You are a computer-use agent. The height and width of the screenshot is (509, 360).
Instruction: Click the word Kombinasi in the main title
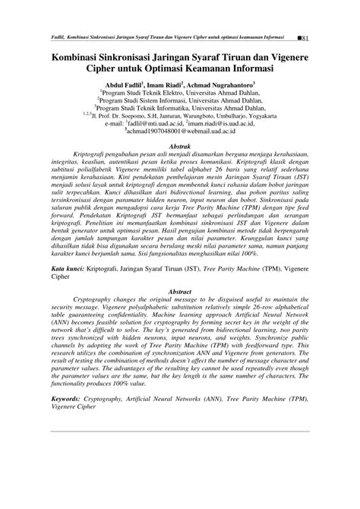[x=84, y=56]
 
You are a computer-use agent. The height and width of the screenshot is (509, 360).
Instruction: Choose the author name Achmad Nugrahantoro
[x=241, y=85]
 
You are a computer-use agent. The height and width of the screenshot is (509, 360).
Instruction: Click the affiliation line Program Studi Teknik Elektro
[x=180, y=94]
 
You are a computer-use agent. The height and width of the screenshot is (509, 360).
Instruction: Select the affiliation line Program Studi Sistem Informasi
[x=180, y=102]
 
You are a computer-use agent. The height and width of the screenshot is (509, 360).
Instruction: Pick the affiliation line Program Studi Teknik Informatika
[x=180, y=109]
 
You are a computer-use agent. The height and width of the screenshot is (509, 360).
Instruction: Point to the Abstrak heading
[x=179, y=146]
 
